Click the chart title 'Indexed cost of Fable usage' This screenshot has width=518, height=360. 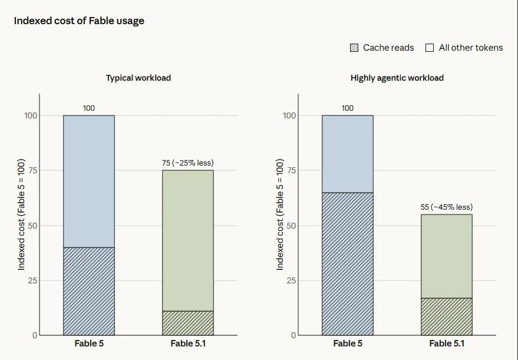(x=79, y=21)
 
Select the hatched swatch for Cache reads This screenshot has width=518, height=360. (x=354, y=48)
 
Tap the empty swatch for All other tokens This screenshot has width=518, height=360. (x=430, y=48)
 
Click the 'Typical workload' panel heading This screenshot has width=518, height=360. (x=138, y=78)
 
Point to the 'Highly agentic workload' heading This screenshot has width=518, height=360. (x=397, y=78)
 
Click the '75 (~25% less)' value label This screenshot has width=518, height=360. (x=187, y=163)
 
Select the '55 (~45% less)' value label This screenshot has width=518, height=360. (x=447, y=207)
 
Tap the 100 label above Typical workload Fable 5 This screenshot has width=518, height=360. (x=89, y=108)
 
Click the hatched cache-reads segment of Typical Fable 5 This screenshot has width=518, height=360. (x=89, y=291)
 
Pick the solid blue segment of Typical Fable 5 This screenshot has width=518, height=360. (x=89, y=181)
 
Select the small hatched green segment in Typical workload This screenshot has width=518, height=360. (x=187, y=323)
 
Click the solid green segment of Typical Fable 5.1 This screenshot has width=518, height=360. (x=187, y=240)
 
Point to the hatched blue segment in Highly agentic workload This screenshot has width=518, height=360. (x=348, y=264)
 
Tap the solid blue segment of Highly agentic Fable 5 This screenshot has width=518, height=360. (x=348, y=154)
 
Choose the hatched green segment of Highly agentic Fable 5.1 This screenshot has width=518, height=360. (x=447, y=317)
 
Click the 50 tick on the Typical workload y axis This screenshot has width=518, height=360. (x=32, y=226)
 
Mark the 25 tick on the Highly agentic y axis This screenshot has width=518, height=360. (x=291, y=280)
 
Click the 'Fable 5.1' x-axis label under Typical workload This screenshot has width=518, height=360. (x=188, y=344)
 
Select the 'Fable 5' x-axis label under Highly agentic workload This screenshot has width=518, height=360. (x=348, y=344)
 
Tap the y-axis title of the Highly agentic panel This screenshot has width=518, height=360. (x=280, y=214)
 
